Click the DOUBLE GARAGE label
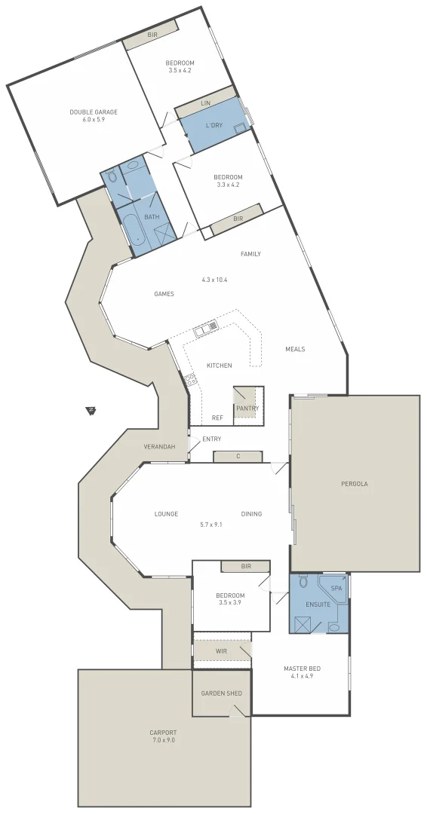(94, 112)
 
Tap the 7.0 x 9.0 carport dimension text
(163, 740)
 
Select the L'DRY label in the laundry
(213, 125)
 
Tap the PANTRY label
(247, 409)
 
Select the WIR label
(221, 650)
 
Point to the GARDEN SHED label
(220, 693)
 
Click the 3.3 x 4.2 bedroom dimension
(227, 185)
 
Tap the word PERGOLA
(354, 484)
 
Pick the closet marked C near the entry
(238, 456)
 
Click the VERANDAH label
(159, 447)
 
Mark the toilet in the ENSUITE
(303, 583)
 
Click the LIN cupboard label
(205, 103)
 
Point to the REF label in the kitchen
(217, 417)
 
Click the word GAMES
(164, 294)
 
